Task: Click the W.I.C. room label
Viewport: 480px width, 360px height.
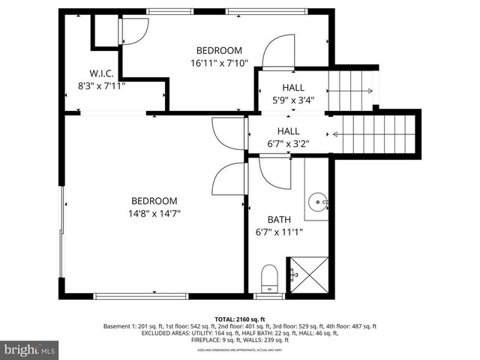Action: [x=101, y=73]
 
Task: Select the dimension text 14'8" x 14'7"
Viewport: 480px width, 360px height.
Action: [x=154, y=213]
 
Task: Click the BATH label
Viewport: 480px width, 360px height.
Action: [x=279, y=220]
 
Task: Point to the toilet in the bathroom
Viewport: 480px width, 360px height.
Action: [x=268, y=280]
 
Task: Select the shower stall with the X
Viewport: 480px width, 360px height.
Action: [x=308, y=276]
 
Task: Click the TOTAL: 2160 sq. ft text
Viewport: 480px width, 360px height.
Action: [x=239, y=319]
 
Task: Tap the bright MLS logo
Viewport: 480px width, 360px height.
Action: [x=31, y=349]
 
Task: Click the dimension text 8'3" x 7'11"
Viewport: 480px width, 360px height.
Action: [x=101, y=85]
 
